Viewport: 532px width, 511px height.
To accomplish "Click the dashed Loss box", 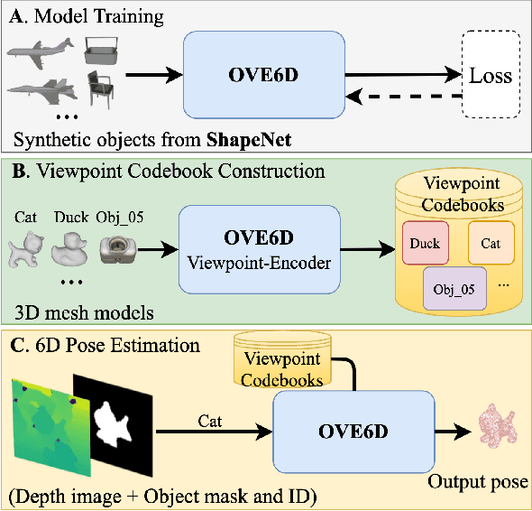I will click(491, 76).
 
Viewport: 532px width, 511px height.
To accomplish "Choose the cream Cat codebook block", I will click(491, 243).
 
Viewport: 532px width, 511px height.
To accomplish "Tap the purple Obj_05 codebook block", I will click(454, 291).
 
